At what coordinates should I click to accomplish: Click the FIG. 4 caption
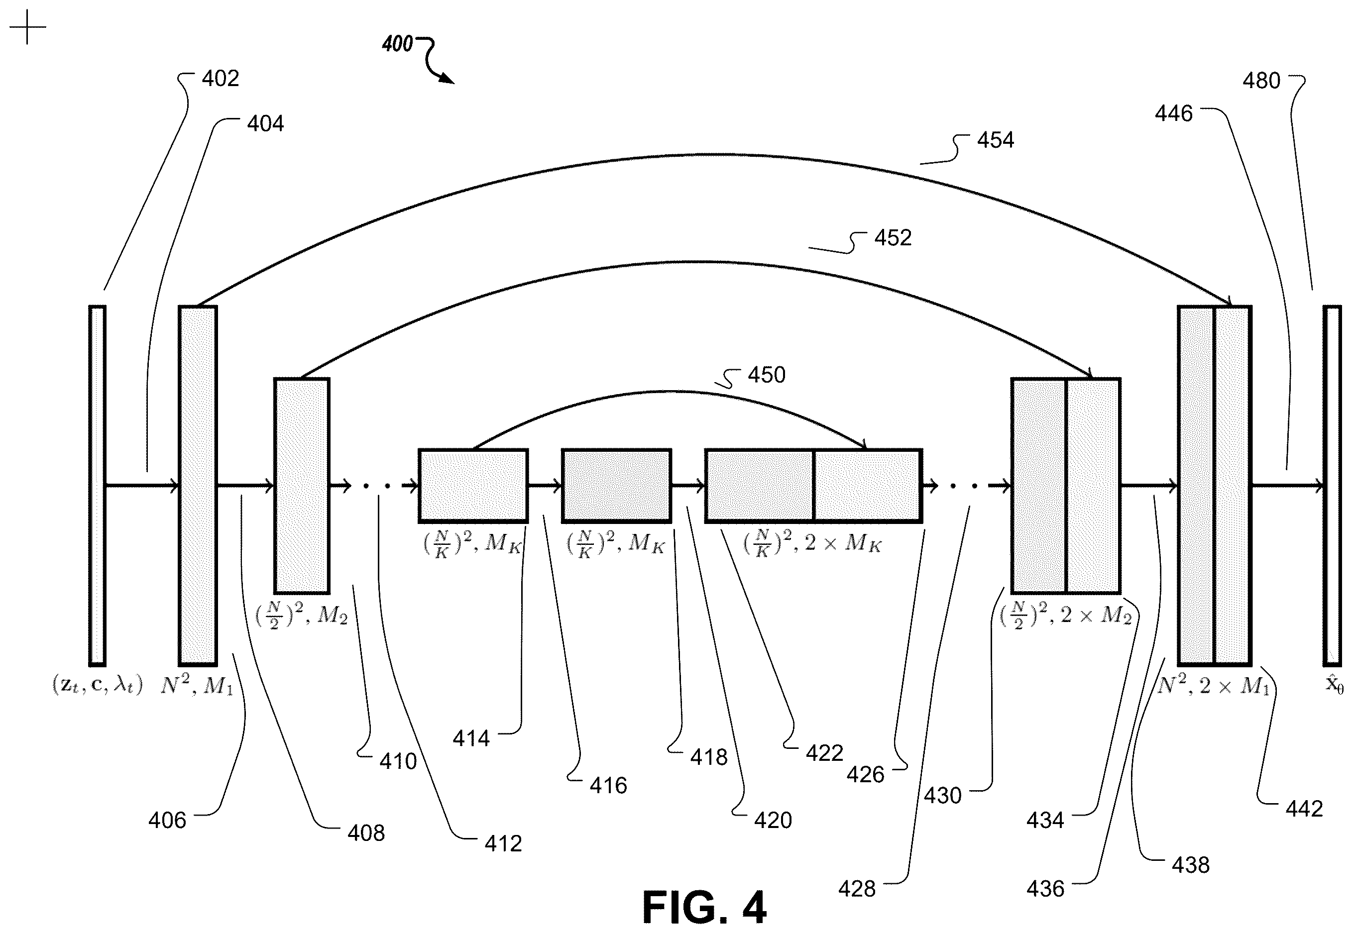pos(704,907)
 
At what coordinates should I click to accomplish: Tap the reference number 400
pos(397,44)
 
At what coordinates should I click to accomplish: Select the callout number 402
pos(221,78)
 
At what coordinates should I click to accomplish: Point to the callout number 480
pos(1261,81)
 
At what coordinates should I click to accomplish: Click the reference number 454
pos(995,140)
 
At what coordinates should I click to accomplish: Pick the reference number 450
pos(767,375)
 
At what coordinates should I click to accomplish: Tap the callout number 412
pos(503,843)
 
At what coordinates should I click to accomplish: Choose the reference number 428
pos(857,889)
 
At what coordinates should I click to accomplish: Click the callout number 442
pos(1304,809)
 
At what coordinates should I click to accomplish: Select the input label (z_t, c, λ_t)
pos(97,685)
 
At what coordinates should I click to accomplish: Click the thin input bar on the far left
pos(97,486)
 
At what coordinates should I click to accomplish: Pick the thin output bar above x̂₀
pos(1333,486)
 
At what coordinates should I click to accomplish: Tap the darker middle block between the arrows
pos(616,486)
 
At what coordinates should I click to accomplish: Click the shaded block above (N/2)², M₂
pos(302,486)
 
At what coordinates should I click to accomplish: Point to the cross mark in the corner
pos(27,26)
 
